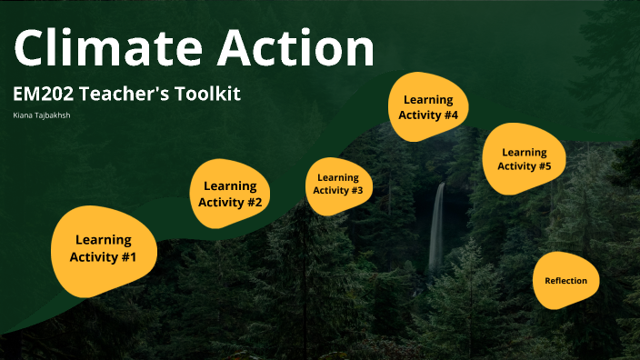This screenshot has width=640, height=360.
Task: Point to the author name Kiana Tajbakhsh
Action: pyautogui.click(x=42, y=115)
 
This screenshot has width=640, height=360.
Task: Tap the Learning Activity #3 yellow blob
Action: pyautogui.click(x=338, y=185)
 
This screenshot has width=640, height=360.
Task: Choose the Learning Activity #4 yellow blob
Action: pyautogui.click(x=428, y=106)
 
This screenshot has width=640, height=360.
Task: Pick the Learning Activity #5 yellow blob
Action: pyautogui.click(x=524, y=159)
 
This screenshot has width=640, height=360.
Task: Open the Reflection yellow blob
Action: pyautogui.click(x=566, y=281)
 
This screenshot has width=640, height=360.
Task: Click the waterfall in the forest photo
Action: pyautogui.click(x=437, y=227)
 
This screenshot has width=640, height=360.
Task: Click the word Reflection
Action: pyautogui.click(x=566, y=281)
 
